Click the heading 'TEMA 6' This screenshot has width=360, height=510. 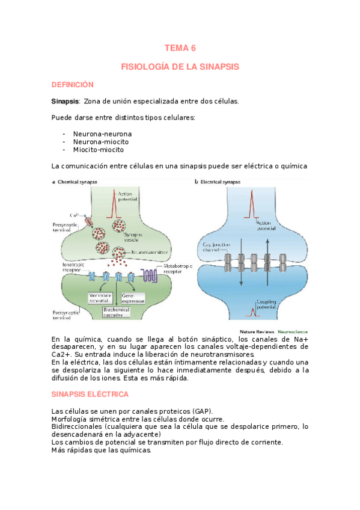tap(180, 48)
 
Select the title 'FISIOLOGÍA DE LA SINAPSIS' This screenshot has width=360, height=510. tap(180, 67)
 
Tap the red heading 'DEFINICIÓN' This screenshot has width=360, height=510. tap(73, 85)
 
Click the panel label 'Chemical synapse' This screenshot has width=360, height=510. tap(78, 182)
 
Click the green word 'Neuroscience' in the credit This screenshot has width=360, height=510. tap(291, 331)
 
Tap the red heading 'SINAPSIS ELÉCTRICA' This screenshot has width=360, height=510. tap(91, 394)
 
